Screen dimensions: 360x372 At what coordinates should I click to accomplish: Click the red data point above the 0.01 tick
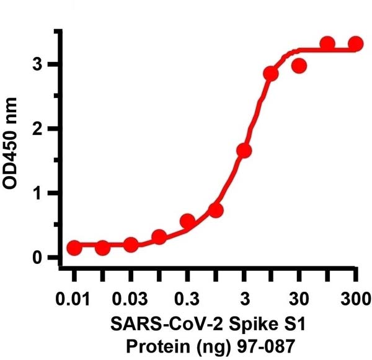pos(74,248)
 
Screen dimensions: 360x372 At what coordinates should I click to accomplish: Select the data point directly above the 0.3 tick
pos(187,221)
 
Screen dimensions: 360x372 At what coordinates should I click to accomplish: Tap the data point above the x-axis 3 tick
pos(244,151)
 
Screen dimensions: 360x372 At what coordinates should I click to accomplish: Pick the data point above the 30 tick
pos(299,66)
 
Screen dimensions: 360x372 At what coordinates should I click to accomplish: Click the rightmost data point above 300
pos(355,43)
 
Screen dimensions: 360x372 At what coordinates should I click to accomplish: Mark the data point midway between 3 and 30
pos(271,74)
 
